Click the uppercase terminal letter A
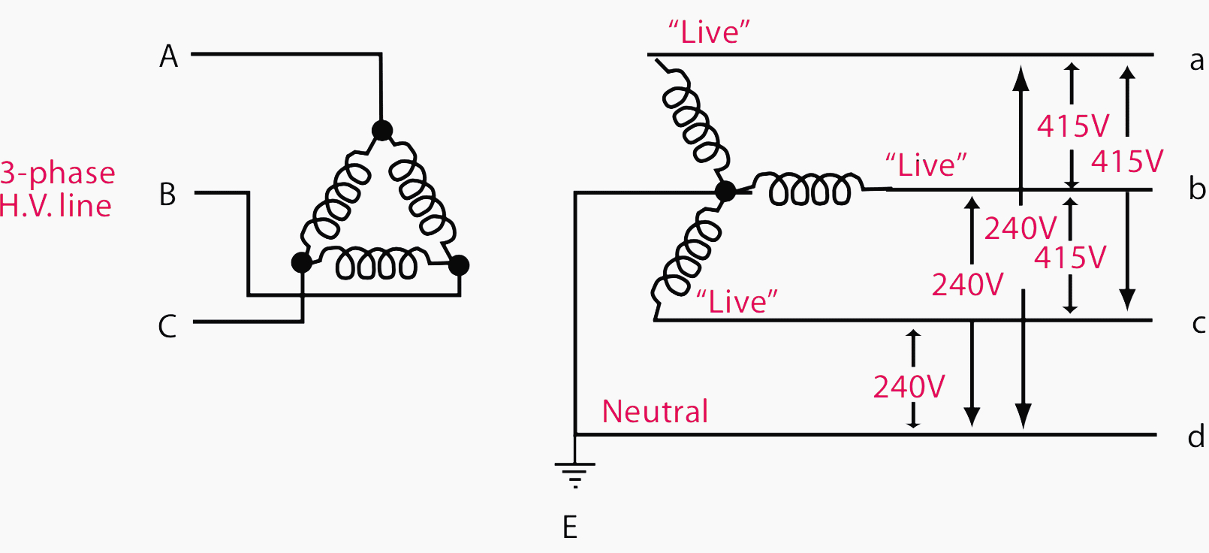click(169, 56)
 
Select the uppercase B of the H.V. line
click(167, 195)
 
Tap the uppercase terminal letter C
click(167, 327)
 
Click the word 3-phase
click(58, 173)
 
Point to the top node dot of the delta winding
click(382, 131)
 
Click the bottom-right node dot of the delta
click(458, 264)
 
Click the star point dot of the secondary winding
click(725, 192)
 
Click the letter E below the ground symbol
click(570, 527)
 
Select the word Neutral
click(655, 412)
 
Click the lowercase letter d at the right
click(1196, 436)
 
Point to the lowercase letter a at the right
click(1197, 61)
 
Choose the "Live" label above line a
click(709, 32)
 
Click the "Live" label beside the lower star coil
click(737, 301)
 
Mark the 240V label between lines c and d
click(909, 387)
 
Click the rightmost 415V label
click(1127, 162)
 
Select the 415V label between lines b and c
click(1070, 258)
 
